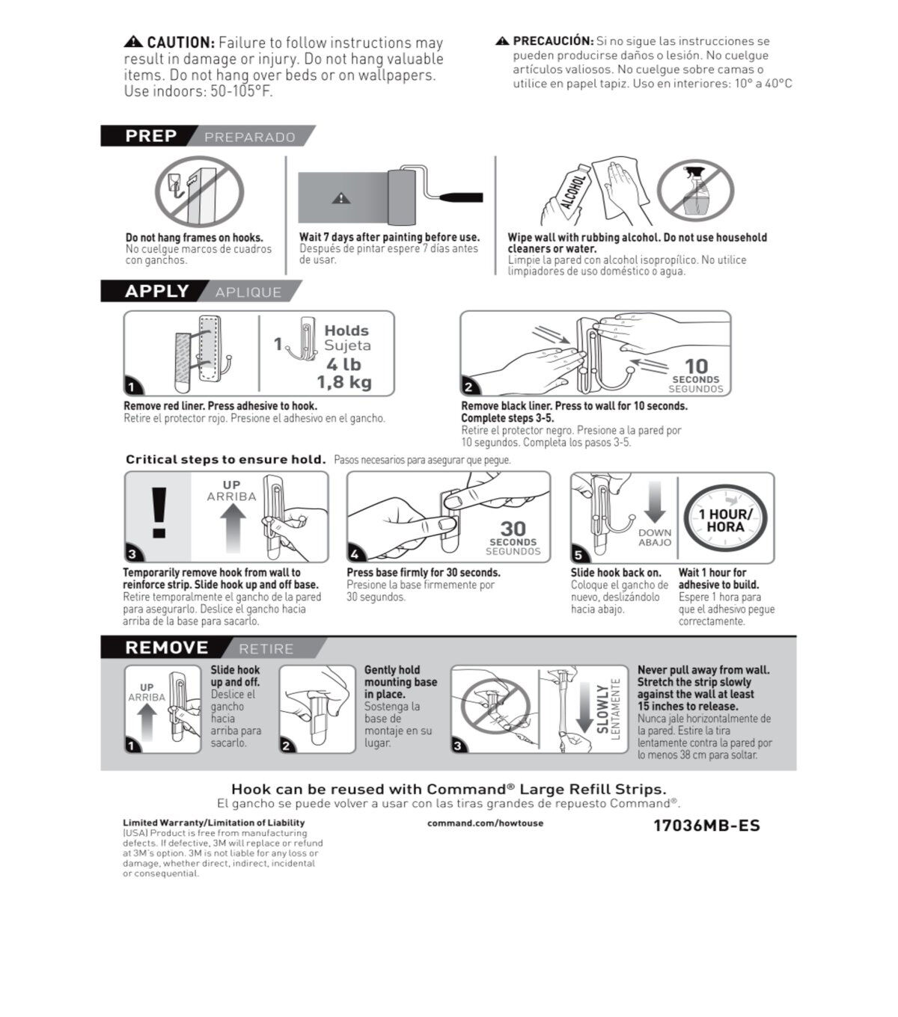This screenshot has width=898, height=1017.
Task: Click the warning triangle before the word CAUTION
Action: [x=133, y=42]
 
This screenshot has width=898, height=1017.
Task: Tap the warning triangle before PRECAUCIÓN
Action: [x=502, y=40]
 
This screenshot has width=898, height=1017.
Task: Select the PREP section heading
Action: [x=150, y=135]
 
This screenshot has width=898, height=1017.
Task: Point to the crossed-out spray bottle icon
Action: [x=695, y=191]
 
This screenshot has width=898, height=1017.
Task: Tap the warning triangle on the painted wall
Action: [x=340, y=198]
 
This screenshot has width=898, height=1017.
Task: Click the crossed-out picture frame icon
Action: [x=200, y=191]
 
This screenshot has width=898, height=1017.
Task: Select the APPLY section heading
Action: [x=157, y=291]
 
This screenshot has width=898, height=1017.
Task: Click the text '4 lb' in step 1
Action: [x=343, y=364]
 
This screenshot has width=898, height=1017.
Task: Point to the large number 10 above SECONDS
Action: [x=696, y=366]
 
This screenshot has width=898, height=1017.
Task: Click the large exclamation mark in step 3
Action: [x=159, y=512]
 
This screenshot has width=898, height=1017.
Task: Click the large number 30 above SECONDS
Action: [x=513, y=529]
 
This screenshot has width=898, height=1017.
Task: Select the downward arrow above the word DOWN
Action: [x=654, y=503]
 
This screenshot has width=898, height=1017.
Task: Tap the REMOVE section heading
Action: [x=166, y=648]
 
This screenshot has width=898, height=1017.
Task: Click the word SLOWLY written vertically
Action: [x=602, y=709]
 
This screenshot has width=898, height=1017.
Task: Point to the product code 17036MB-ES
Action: [x=706, y=826]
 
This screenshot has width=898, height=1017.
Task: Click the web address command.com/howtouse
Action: [x=485, y=823]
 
